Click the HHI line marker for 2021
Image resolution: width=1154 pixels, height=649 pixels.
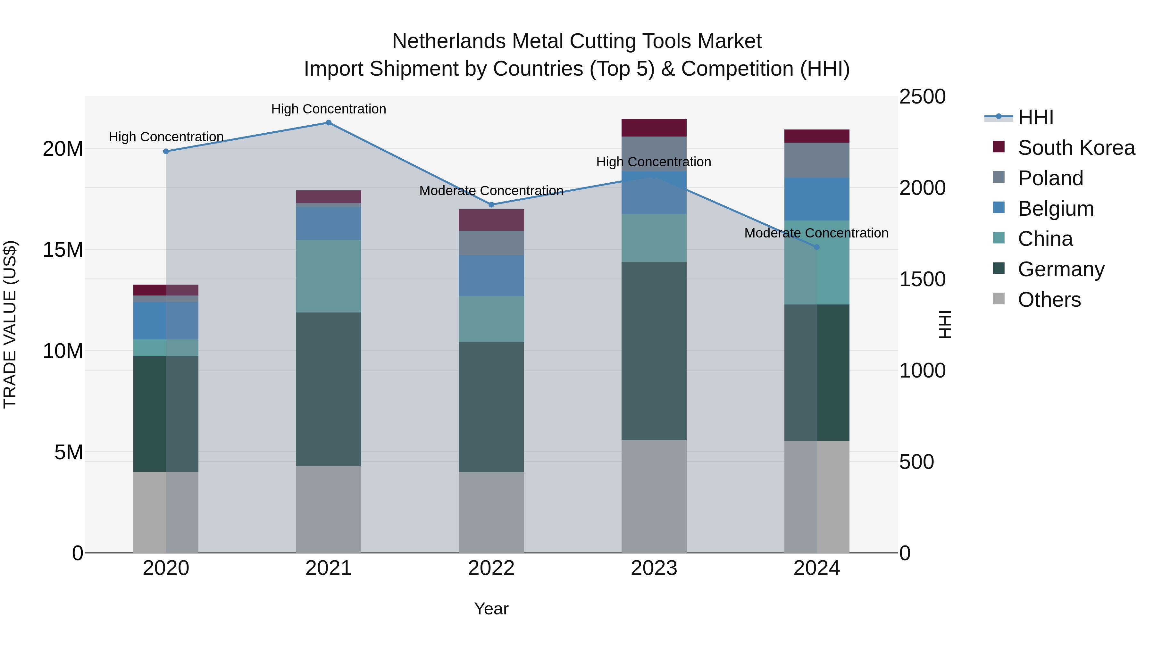click(328, 123)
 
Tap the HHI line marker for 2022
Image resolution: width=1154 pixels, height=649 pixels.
click(491, 205)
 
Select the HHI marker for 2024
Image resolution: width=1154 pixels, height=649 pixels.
click(816, 247)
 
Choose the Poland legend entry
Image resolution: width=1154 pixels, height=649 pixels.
click(1050, 178)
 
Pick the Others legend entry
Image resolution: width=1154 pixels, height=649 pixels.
click(1049, 300)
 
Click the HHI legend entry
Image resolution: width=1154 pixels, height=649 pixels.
click(1035, 117)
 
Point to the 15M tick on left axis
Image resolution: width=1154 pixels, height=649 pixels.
click(63, 249)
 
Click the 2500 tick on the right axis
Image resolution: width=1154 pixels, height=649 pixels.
click(922, 97)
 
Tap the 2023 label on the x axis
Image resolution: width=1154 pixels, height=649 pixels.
click(654, 568)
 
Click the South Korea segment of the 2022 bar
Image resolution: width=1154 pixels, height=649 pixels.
click(491, 220)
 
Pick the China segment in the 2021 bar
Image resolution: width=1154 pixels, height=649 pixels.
click(328, 276)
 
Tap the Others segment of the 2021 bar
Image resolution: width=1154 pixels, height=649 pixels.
click(328, 509)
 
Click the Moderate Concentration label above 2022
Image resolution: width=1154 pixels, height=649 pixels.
click(491, 191)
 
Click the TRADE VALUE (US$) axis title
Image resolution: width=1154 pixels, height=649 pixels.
click(10, 324)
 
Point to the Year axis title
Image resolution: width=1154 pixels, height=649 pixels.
click(491, 609)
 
